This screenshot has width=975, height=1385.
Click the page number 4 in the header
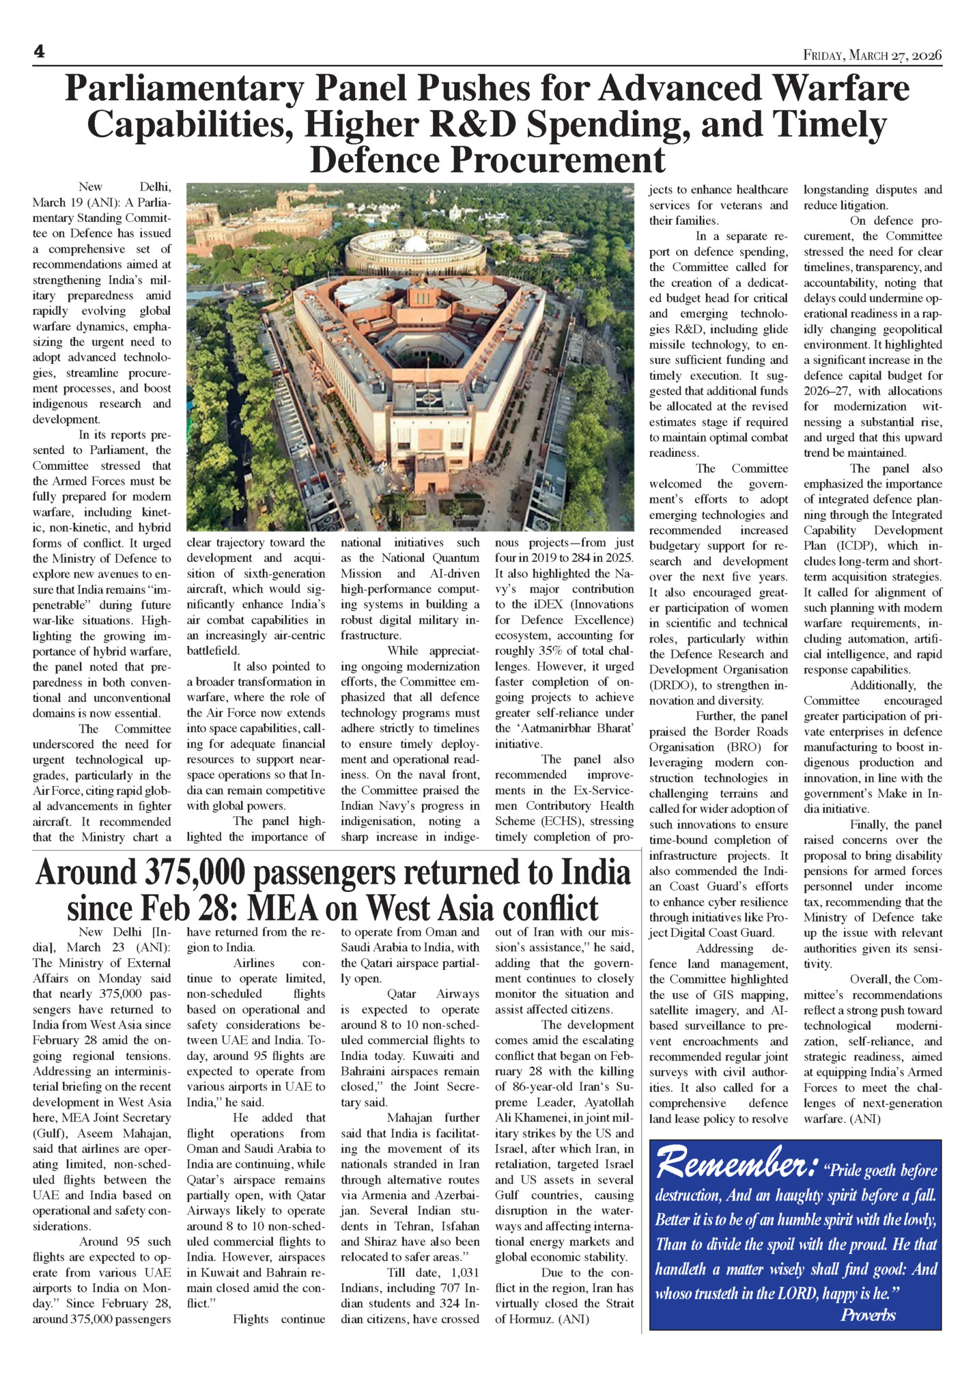click(39, 52)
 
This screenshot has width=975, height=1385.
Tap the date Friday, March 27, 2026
click(872, 55)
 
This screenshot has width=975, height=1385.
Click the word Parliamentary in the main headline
click(184, 89)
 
